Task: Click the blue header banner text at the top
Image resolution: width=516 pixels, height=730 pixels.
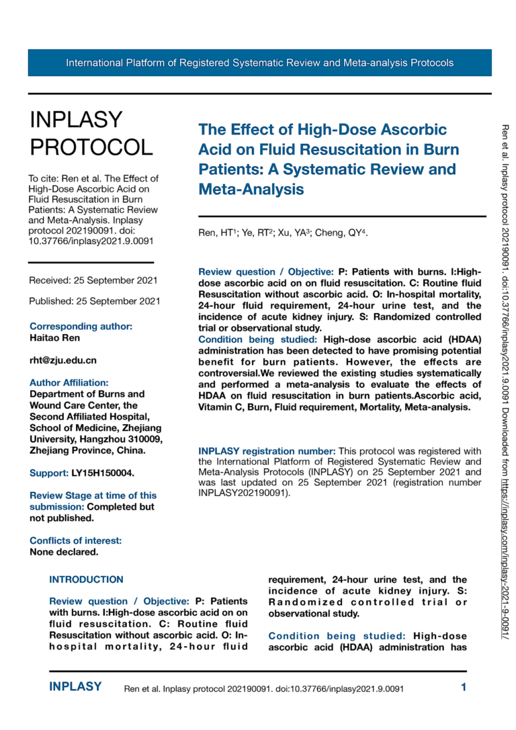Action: [x=259, y=63]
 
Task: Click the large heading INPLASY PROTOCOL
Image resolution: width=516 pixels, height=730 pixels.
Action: [x=91, y=133]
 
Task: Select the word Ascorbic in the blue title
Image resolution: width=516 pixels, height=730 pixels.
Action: [x=406, y=129]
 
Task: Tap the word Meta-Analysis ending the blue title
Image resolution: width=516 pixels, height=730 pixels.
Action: [x=251, y=190]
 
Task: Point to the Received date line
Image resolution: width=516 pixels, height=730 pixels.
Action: [x=94, y=280]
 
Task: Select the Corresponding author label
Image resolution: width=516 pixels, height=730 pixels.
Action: [x=81, y=326]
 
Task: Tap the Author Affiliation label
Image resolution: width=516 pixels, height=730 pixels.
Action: [x=69, y=382]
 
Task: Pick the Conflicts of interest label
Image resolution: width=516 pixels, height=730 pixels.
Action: [x=76, y=540]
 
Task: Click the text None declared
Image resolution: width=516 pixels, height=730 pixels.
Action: [x=64, y=552]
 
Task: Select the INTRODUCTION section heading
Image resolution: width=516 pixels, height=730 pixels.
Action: [x=87, y=579]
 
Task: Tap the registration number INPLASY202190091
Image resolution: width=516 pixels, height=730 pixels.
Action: [x=244, y=493]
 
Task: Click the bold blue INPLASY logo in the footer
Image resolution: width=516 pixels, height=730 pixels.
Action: [x=75, y=687]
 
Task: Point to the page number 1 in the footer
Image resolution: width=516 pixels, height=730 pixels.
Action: [x=464, y=687]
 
